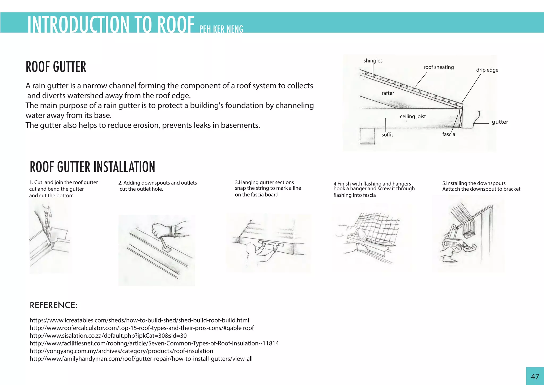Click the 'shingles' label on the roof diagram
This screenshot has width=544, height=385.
tap(373, 61)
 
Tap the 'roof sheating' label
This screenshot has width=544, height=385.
tap(439, 67)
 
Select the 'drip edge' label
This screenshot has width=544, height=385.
tap(487, 70)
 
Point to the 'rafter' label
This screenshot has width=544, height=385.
tap(388, 93)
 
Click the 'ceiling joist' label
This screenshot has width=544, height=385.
tap(413, 116)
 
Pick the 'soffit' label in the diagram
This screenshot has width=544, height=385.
tap(387, 135)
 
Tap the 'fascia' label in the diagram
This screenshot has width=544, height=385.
tap(449, 134)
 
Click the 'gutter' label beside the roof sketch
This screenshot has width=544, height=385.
tap(500, 122)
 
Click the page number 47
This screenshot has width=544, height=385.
tap(535, 376)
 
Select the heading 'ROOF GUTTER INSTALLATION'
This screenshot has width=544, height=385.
tap(92, 167)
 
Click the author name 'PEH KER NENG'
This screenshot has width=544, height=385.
tap(221, 29)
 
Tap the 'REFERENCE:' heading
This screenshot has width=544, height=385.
tap(53, 305)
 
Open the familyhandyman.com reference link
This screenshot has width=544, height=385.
tap(141, 359)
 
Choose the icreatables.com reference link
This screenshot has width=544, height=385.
tap(139, 320)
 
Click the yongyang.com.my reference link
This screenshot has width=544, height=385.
tap(121, 351)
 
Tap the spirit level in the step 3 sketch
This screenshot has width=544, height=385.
tap(270, 243)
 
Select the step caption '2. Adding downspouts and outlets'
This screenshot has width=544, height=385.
tap(158, 183)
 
